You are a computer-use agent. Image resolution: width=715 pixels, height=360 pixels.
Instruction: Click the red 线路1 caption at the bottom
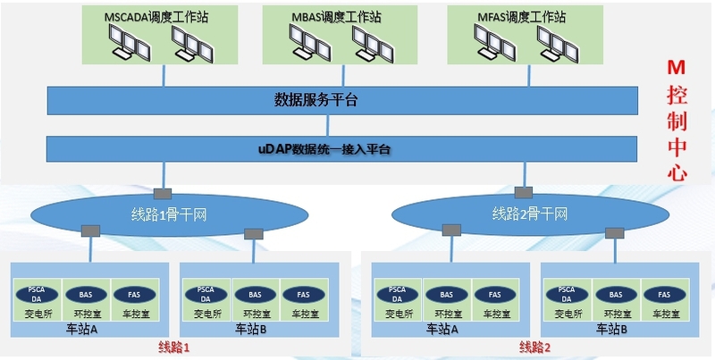tap(175, 346)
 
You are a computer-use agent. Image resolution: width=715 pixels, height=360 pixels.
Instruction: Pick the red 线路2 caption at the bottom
tap(535, 346)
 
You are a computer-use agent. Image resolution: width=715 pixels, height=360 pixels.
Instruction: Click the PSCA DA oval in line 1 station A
tap(36, 293)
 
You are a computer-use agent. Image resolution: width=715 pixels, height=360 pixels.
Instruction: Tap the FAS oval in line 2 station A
tap(488, 294)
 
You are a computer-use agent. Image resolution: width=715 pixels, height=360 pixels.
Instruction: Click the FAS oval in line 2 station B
tap(663, 294)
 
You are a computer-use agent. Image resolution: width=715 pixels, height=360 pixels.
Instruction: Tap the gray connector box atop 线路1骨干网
tap(163, 193)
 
